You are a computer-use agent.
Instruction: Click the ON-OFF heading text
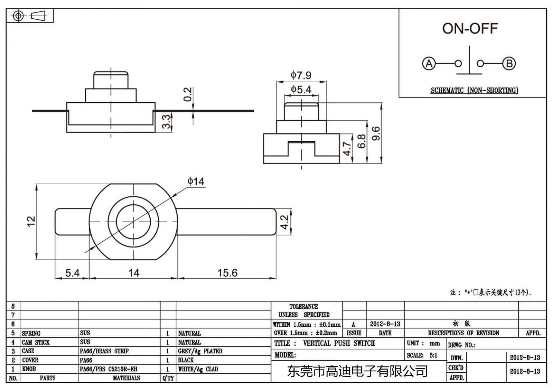point(470,29)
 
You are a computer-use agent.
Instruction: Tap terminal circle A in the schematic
point(429,64)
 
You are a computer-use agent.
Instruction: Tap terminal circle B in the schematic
point(509,64)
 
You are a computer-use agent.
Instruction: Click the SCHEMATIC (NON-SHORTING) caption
point(474,91)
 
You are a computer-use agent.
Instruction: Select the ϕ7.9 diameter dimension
point(301,75)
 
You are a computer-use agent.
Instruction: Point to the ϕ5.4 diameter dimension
point(301,90)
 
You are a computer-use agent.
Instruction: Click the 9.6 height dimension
point(376,133)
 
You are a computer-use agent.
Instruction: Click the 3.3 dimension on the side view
point(167,122)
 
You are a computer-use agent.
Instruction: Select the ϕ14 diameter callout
point(196,181)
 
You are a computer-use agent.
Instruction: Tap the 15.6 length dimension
point(227,273)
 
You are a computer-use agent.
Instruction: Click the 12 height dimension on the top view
point(31,221)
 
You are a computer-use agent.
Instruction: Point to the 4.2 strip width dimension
point(284,222)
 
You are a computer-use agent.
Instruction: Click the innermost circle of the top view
point(133,222)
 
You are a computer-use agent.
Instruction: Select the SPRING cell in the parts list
point(31,333)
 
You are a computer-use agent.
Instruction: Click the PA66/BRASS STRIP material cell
point(104,351)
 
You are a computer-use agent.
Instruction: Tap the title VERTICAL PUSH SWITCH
point(339,343)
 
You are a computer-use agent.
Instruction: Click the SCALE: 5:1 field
point(422,355)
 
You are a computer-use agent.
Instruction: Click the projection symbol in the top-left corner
point(29,16)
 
